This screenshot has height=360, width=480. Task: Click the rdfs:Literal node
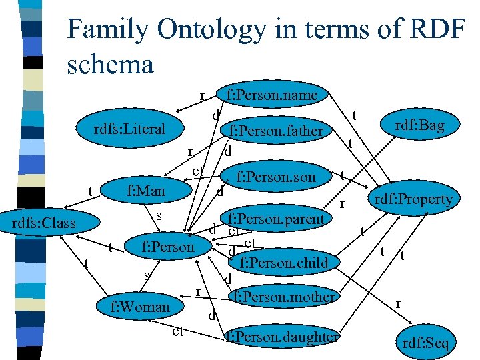(129, 129)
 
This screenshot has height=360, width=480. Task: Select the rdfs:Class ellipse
(45, 222)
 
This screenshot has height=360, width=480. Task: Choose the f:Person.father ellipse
(276, 131)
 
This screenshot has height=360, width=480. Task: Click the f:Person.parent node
(276, 219)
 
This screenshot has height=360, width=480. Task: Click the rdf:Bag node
(419, 125)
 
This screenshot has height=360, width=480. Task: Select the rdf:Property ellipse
(413, 199)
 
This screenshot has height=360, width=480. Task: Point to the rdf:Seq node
(426, 343)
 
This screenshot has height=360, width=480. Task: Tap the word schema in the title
(111, 65)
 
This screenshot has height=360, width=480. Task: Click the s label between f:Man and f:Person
(159, 215)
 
